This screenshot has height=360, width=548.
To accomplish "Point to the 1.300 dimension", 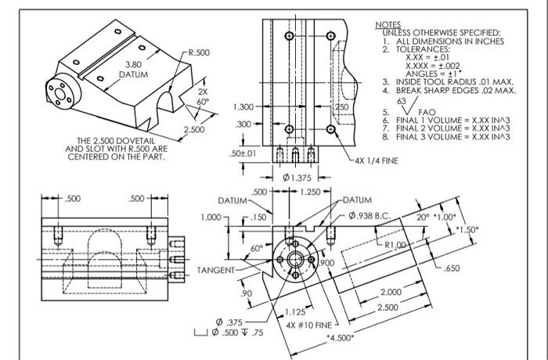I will pyautogui.click(x=243, y=106).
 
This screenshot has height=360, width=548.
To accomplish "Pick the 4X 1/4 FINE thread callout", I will pyautogui.click(x=377, y=162).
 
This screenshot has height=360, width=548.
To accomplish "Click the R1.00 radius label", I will pyautogui.click(x=387, y=246).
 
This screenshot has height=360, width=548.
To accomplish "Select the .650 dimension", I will pyautogui.click(x=450, y=268).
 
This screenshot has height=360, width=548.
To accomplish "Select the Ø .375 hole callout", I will pyautogui.click(x=233, y=322).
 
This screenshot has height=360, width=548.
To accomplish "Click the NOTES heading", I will pyautogui.click(x=389, y=25).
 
